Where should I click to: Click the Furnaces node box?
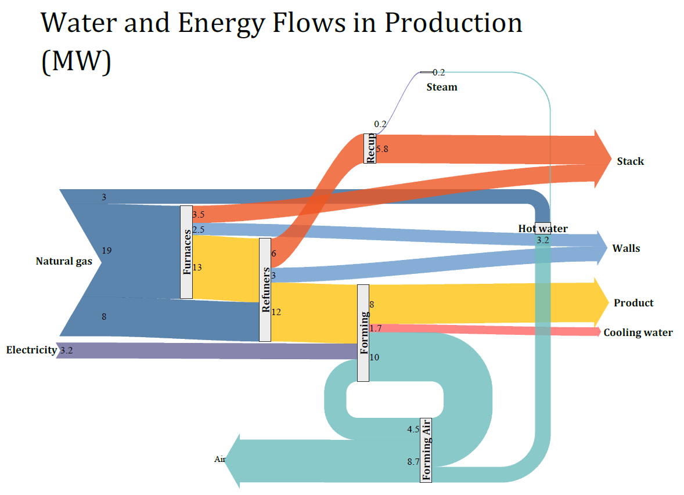(x=186, y=252)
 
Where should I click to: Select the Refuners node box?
(x=265, y=290)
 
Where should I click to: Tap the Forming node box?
(x=363, y=333)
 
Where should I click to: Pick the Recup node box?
(x=370, y=148)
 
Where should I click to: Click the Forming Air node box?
(x=426, y=450)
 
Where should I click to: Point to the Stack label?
(x=630, y=161)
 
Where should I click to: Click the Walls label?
(x=626, y=248)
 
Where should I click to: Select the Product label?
(x=633, y=303)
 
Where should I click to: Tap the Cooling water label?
(x=638, y=333)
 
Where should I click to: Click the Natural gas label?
(x=64, y=261)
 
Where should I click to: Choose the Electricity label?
(x=31, y=350)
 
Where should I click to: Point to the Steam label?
(x=442, y=87)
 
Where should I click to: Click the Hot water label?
(x=543, y=229)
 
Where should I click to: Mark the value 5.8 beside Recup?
(x=382, y=149)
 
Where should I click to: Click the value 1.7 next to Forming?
(x=375, y=328)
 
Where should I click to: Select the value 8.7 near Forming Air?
(x=413, y=462)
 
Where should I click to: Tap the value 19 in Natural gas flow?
(x=107, y=250)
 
